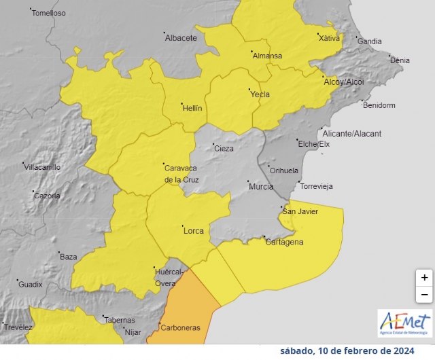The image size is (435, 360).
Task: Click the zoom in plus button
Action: tap(424, 277)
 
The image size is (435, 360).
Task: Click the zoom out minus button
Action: tap(424, 294)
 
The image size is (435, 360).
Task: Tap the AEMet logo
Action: tap(404, 323)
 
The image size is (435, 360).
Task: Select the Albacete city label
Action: tap(180, 38)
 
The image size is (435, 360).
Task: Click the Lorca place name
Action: tap(194, 231)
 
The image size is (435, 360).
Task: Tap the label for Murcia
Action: tap(261, 187)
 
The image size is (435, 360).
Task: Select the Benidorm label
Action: tap(379, 105)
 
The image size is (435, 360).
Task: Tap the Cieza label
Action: tap(224, 149)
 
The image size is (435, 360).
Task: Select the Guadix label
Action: tap(31, 284)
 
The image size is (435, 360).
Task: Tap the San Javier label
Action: tap(300, 211)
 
